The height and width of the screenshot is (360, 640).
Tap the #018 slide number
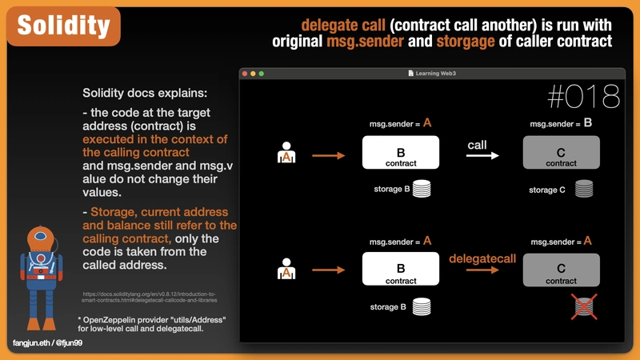pyautogui.click(x=584, y=97)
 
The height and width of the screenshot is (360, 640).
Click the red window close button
pyautogui.click(x=243, y=74)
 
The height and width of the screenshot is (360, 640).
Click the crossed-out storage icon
pyautogui.click(x=585, y=306)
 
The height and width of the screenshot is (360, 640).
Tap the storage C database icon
pyautogui.click(x=585, y=190)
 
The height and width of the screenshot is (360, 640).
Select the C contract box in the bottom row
pyautogui.click(x=561, y=270)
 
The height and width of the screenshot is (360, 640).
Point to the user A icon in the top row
pyautogui.click(x=286, y=154)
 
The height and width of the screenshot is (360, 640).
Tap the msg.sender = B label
pyautogui.click(x=561, y=124)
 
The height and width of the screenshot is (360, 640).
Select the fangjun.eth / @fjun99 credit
pyautogui.click(x=48, y=342)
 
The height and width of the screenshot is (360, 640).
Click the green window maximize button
pyautogui.click(x=261, y=74)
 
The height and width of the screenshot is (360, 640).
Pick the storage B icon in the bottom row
pyautogui.click(x=422, y=306)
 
